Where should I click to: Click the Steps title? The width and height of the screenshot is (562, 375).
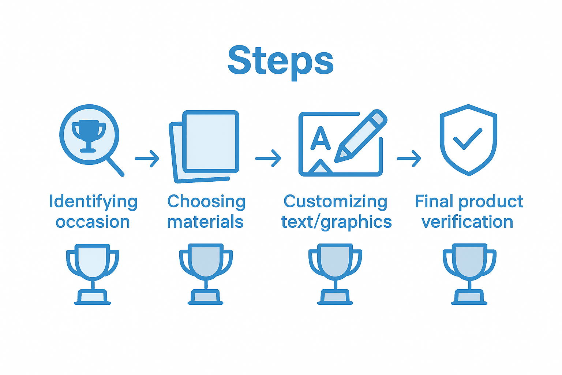pyautogui.click(x=281, y=61)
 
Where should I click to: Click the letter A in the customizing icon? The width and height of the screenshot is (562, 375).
pyautogui.click(x=320, y=139)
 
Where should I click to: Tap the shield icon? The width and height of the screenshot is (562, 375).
pyautogui.click(x=468, y=140)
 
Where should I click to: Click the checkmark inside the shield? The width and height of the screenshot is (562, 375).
pyautogui.click(x=468, y=139)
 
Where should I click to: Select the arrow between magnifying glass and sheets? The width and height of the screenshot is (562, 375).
pyautogui.click(x=147, y=159)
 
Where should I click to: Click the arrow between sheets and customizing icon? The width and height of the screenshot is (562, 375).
pyautogui.click(x=268, y=159)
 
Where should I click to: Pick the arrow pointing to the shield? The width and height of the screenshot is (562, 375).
pyautogui.click(x=409, y=159)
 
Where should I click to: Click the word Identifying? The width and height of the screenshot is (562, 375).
pyautogui.click(x=93, y=202)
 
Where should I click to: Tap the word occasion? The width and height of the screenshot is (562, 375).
pyautogui.click(x=93, y=222)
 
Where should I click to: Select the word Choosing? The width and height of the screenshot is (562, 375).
pyautogui.click(x=206, y=202)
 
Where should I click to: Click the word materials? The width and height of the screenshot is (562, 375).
pyautogui.click(x=205, y=222)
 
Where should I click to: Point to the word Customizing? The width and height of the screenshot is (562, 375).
pyautogui.click(x=336, y=202)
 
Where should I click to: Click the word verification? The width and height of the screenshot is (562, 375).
pyautogui.click(x=467, y=222)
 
